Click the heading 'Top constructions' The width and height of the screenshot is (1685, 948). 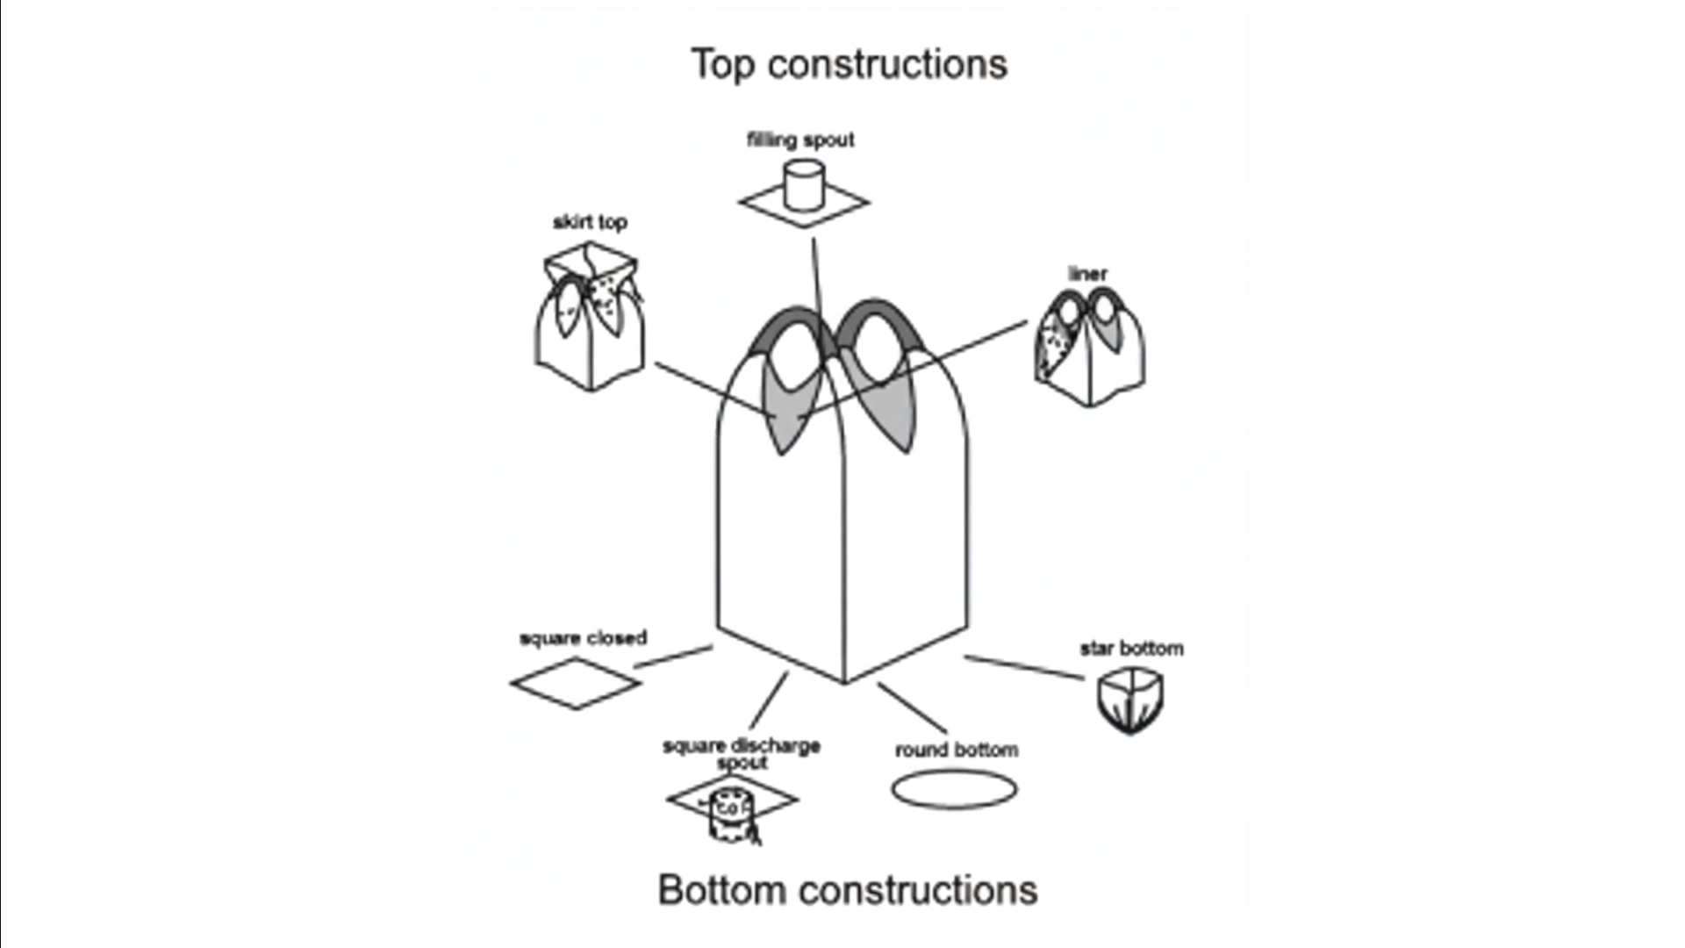[x=849, y=64]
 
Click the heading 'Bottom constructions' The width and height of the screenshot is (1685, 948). [x=848, y=889]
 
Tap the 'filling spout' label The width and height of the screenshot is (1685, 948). [x=800, y=140]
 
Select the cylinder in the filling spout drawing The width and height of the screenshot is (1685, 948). [x=803, y=184]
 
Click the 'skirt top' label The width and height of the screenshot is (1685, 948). [x=590, y=222]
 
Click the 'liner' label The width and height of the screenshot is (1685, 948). [x=1087, y=274]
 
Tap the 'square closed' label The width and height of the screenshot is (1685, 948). [x=583, y=638]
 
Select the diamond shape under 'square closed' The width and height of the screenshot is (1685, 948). [x=576, y=683]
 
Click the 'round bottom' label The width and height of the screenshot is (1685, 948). [x=957, y=750]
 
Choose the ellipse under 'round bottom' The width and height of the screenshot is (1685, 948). [x=954, y=789]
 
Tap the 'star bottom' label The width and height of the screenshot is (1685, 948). [x=1131, y=649]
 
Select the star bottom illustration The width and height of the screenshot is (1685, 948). [x=1130, y=700]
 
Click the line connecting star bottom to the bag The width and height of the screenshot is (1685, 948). [x=1024, y=667]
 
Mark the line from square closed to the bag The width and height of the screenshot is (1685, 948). [x=672, y=657]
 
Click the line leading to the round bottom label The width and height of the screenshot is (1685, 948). [x=912, y=707]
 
